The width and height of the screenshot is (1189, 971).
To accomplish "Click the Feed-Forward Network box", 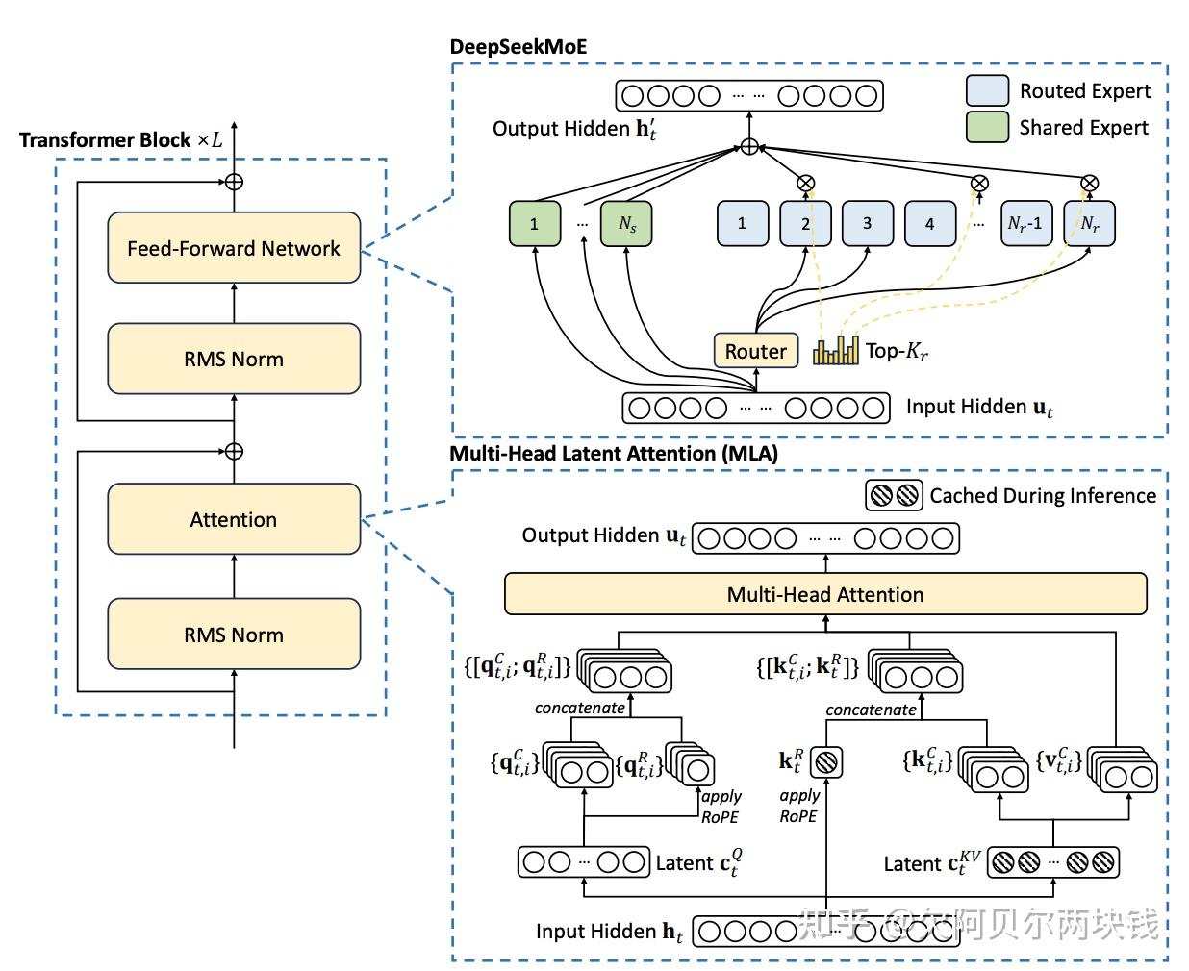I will [x=234, y=248].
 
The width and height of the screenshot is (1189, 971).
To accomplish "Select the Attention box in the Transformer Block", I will [x=234, y=519].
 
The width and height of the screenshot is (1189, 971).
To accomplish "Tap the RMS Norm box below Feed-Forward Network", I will [x=234, y=359].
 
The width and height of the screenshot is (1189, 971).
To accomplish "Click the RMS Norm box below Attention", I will [x=234, y=635].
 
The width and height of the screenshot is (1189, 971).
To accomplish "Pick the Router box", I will [x=755, y=351].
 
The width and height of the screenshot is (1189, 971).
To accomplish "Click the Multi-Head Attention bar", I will [x=825, y=594].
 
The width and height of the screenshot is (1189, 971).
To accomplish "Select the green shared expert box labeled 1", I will [x=534, y=224].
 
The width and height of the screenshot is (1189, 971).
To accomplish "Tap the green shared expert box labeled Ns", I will [x=626, y=224].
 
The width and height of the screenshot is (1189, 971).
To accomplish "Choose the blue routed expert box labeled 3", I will [x=867, y=223].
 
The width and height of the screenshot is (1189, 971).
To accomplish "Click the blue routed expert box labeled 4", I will [x=929, y=223].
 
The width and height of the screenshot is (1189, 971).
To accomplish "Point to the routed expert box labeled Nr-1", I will [x=1025, y=223].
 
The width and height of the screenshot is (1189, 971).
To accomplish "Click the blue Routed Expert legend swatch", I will [x=987, y=90].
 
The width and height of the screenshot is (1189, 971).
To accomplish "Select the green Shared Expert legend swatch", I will [x=987, y=127].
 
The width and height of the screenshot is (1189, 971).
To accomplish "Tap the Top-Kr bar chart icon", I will [x=835, y=350].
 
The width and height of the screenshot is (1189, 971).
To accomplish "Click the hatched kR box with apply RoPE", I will [x=826, y=762].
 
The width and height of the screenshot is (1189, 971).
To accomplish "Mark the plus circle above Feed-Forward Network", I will [x=234, y=181].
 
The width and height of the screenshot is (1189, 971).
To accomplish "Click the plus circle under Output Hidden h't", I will [x=749, y=147].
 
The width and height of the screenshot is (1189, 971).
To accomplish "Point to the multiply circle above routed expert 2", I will [x=806, y=183].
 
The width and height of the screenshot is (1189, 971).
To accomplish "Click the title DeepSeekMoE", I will [x=518, y=47].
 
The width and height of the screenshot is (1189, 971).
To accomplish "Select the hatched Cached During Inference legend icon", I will [x=894, y=495].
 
